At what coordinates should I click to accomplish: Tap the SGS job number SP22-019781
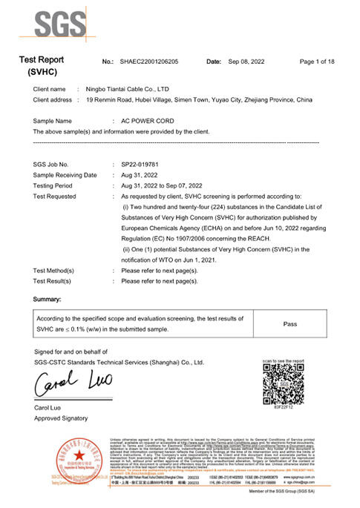[x=139, y=164]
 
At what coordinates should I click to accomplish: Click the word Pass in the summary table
[x=290, y=324]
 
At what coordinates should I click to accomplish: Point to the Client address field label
[x=53, y=99]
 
